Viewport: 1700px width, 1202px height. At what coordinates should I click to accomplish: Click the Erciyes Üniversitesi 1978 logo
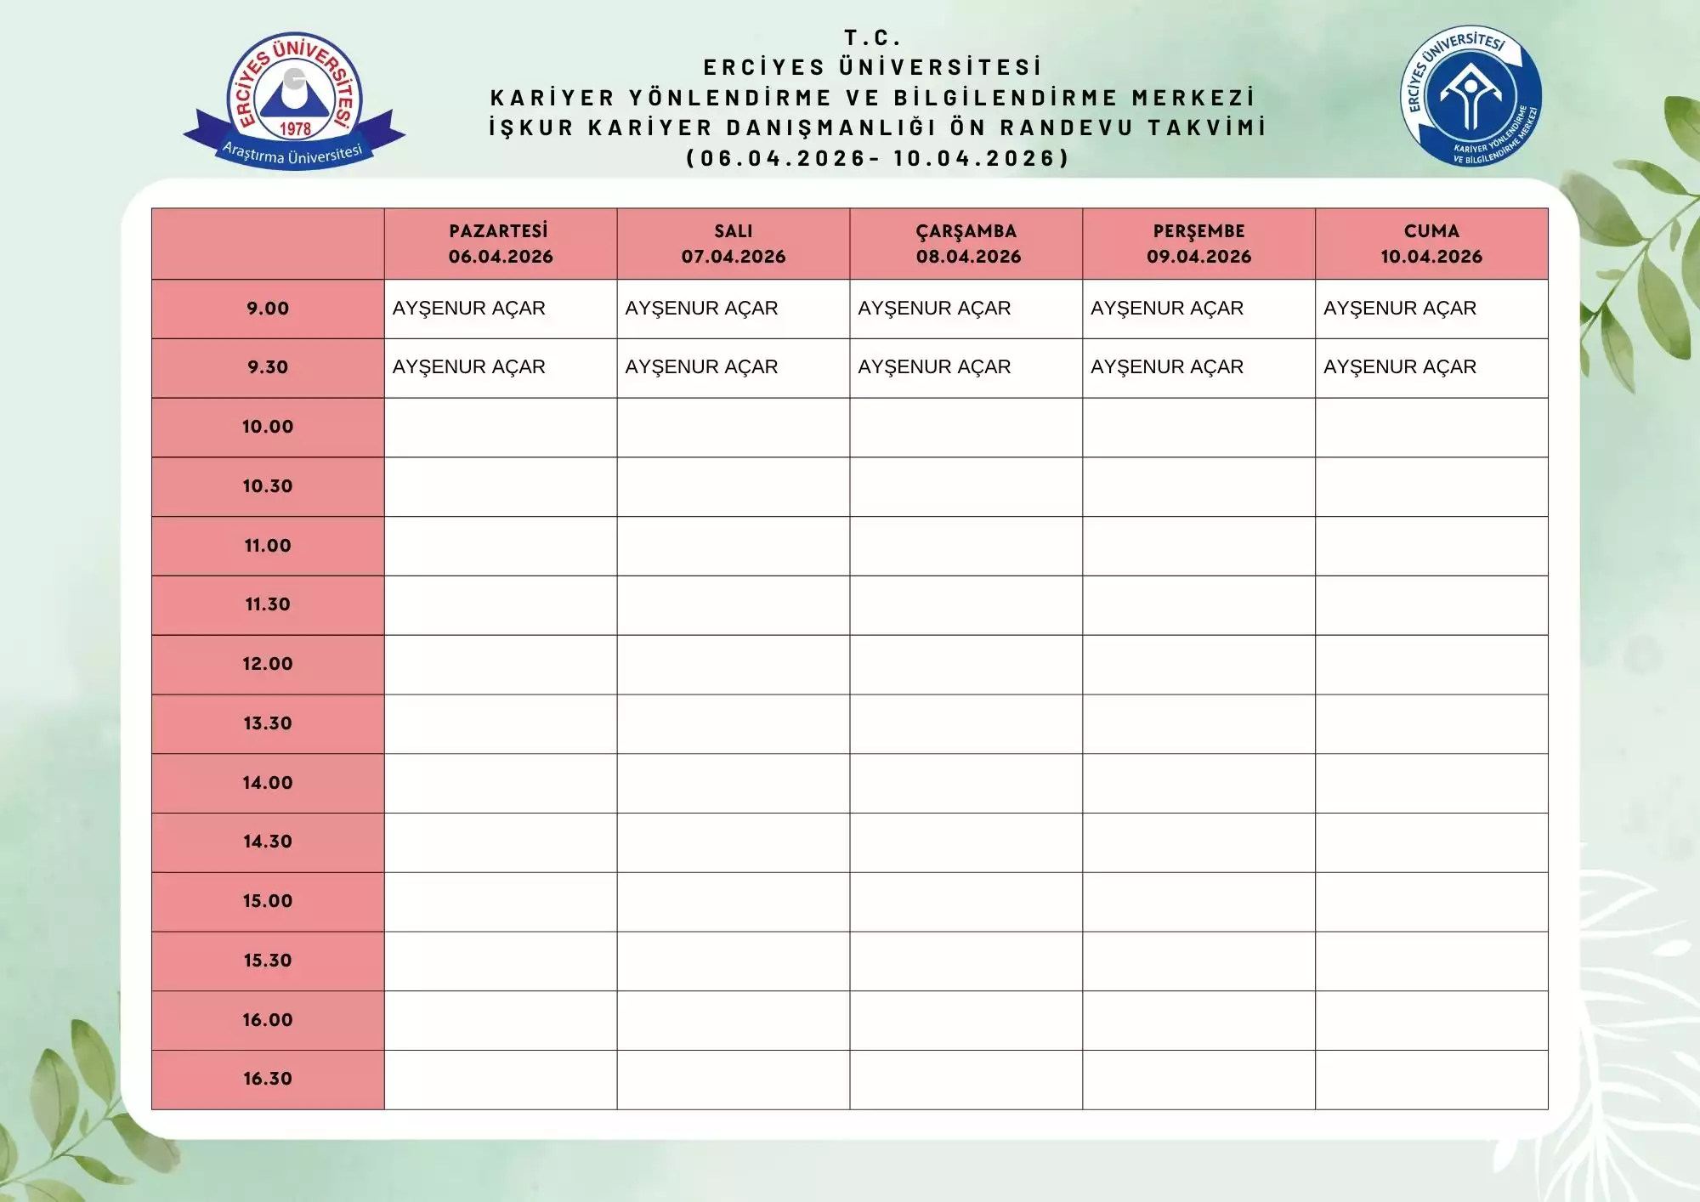point(294,100)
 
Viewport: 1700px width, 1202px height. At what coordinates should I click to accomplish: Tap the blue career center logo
point(1470,96)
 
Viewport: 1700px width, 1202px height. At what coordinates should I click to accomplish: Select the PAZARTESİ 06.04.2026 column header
point(500,244)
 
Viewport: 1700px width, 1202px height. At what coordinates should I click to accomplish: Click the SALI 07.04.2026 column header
point(733,244)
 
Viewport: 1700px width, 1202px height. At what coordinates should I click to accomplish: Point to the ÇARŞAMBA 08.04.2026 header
point(966,244)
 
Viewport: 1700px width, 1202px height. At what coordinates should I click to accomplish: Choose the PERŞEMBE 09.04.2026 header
point(1198,244)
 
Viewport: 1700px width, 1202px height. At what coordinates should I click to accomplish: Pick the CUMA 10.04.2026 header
point(1431,244)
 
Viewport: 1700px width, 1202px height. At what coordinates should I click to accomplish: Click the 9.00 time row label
point(268,309)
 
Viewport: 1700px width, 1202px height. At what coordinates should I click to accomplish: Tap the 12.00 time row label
point(268,664)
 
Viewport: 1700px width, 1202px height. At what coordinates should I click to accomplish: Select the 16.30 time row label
point(268,1079)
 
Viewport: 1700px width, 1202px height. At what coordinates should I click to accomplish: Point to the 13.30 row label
point(268,723)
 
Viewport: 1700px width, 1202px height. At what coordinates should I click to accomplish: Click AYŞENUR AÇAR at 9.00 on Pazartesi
point(468,309)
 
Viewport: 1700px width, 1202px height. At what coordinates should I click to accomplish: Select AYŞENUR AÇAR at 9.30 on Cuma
point(1399,367)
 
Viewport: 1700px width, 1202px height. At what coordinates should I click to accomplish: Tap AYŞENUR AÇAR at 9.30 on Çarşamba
point(934,367)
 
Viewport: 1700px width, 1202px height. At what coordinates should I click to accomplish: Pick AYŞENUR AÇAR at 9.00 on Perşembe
point(1166,309)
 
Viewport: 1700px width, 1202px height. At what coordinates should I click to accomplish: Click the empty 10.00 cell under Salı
point(733,428)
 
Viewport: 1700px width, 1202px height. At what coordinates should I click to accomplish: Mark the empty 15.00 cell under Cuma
point(1431,902)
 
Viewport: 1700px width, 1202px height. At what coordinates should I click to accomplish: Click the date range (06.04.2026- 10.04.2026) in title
point(877,158)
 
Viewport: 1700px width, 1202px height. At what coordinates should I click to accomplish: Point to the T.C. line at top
point(872,37)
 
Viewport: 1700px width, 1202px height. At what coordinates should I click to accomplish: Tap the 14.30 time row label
point(268,842)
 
